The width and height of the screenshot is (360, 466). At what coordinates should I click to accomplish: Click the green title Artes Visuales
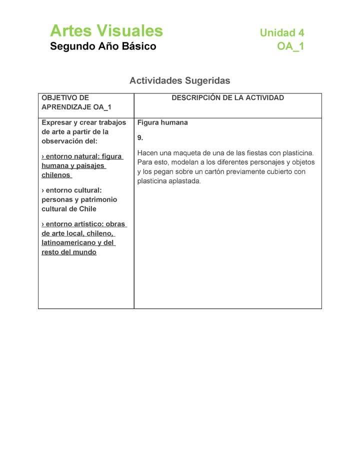pos(106,31)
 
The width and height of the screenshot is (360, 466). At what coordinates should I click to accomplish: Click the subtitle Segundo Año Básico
pos(103,46)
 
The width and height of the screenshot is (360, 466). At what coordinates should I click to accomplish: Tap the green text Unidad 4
pos(281,33)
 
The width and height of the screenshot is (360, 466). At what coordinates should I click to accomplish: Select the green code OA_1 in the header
pos(290,46)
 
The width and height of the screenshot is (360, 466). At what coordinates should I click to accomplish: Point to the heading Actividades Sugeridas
pos(179,80)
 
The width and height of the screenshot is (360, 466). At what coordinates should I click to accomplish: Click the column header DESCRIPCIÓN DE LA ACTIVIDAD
pos(227,98)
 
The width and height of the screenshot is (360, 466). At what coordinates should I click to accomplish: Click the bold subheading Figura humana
pos(162,122)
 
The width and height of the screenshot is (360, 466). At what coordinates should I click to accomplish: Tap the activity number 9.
pos(140,137)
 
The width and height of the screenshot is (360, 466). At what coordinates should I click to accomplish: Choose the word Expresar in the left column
pos(56,122)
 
